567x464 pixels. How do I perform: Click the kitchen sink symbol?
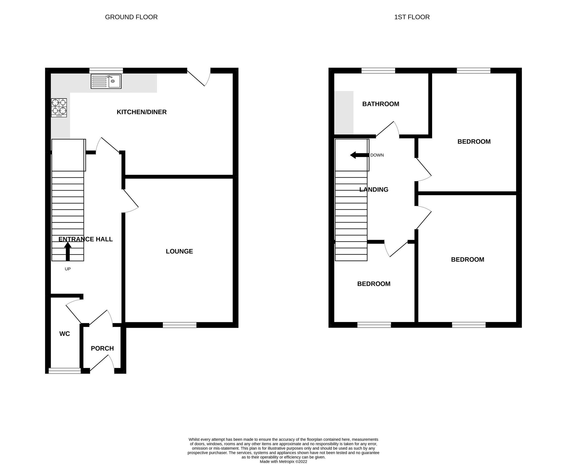pos(106,81)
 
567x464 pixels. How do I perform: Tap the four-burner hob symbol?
pos(59,108)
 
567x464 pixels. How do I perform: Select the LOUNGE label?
pos(179,251)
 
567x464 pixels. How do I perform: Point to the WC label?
pos(64,334)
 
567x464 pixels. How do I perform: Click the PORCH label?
pos(102,348)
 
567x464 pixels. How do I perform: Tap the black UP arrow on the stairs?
pos(68,251)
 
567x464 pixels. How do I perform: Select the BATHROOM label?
pos(380,104)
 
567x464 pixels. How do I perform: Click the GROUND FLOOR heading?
pos(131,17)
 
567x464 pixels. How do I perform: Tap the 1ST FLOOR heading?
pos(412,17)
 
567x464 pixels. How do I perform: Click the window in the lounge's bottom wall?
pos(180,325)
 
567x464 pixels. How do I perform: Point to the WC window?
pos(64,370)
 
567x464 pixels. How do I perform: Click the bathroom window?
pos(378,71)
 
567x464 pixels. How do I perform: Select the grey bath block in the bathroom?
pos(344,113)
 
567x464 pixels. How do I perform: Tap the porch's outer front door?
pos(102,363)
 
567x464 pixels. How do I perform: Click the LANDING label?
pos(373,189)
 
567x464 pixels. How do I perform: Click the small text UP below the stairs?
pos(68,269)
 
